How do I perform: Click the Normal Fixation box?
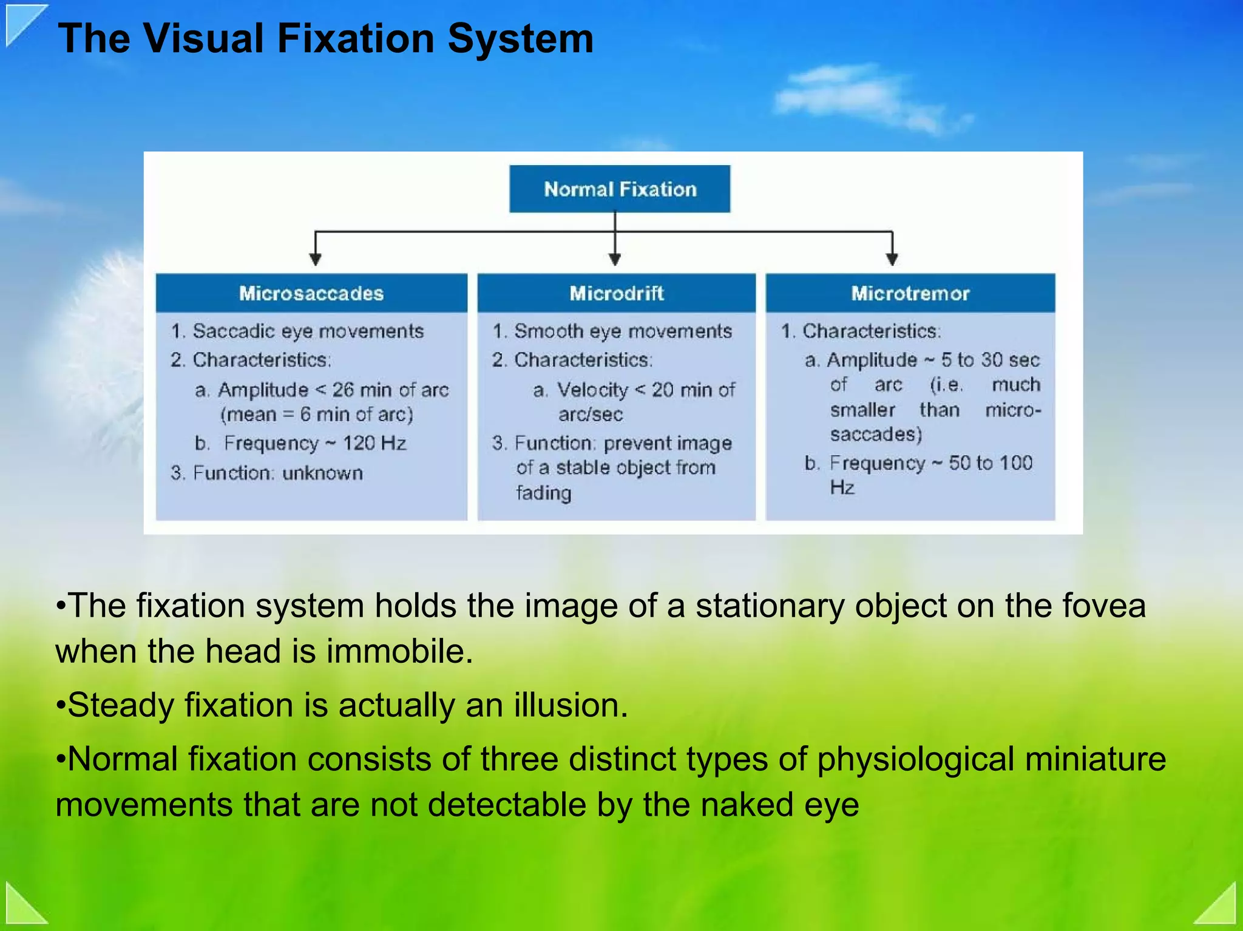tap(620, 189)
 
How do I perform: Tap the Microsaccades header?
tap(311, 294)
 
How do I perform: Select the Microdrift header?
tap(616, 294)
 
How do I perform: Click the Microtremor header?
tap(910, 294)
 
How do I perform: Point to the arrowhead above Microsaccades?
tap(315, 259)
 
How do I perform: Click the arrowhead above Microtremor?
tap(892, 259)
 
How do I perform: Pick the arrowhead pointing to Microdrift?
tap(615, 259)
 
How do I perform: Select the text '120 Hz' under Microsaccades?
tap(374, 443)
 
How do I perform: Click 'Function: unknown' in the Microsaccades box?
tap(277, 473)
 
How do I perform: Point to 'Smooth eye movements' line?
tap(623, 331)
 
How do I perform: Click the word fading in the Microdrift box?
tap(544, 492)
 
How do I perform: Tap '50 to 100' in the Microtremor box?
tap(991, 463)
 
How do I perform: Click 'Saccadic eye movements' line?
tap(308, 331)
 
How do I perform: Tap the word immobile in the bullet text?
tap(399, 651)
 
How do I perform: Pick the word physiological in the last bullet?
tap(915, 759)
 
